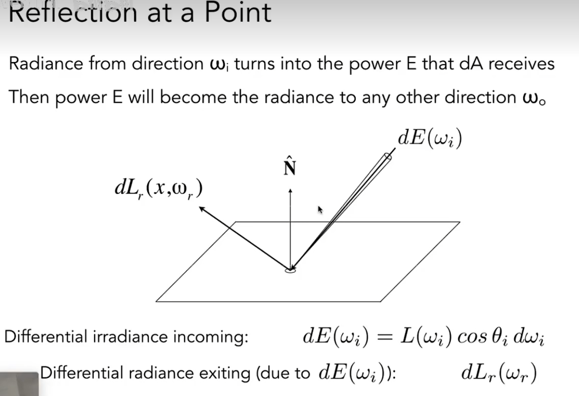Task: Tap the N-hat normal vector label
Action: pos(290,167)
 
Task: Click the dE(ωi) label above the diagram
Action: pos(429,138)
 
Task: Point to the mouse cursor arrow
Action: pos(320,210)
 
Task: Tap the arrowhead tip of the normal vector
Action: pos(290,191)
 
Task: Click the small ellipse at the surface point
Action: pos(290,269)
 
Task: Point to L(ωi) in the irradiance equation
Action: pos(425,338)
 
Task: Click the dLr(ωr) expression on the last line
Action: pos(498,373)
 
